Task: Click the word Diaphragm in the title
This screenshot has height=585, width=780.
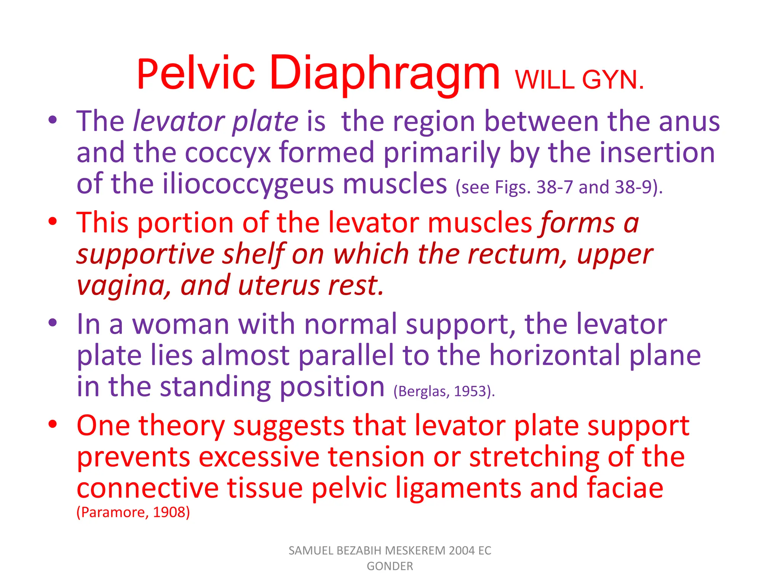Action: [x=385, y=73]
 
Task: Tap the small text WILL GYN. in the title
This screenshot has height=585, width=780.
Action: [x=579, y=80]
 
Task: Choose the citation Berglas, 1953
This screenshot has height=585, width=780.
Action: [x=444, y=391]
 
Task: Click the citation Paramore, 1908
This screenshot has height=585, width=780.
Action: [x=133, y=512]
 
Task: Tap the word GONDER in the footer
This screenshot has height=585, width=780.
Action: [x=390, y=566]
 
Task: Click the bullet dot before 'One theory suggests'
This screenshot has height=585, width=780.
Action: [x=53, y=424]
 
